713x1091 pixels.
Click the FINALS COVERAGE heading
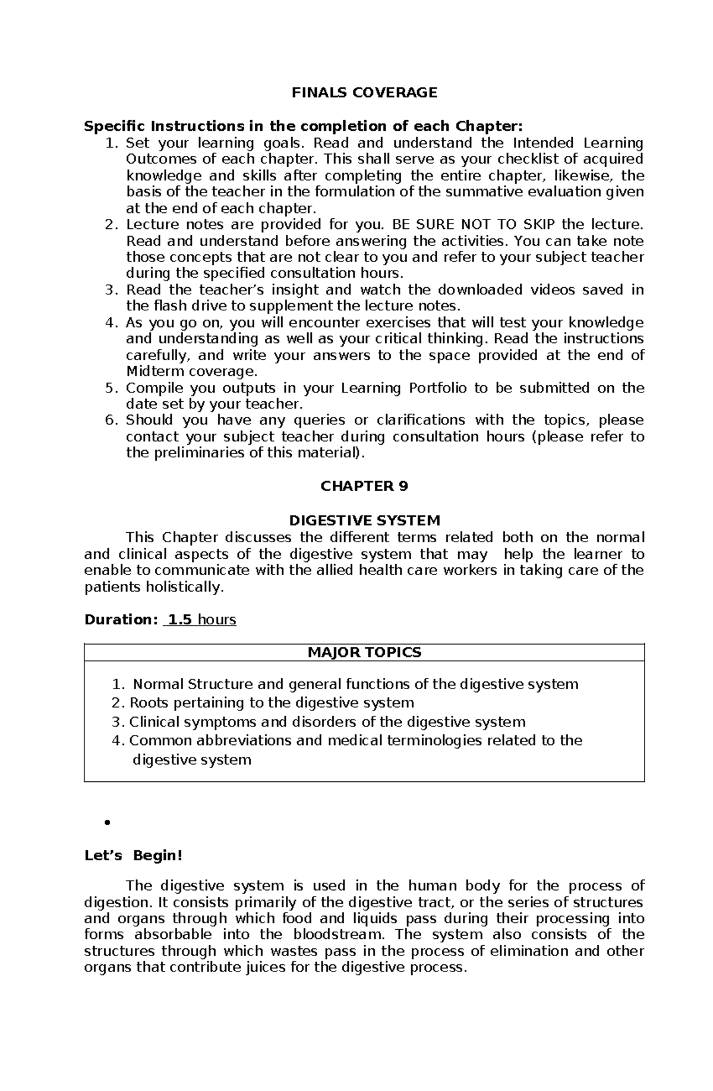364,92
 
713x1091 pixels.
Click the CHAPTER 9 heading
364,486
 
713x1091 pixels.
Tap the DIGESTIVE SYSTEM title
364,521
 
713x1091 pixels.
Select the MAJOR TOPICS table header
364,652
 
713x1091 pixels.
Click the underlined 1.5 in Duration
179,620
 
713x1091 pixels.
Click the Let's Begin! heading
134,856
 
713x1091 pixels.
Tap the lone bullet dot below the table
108,823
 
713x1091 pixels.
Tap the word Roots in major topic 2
146,703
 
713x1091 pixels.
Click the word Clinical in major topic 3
153,722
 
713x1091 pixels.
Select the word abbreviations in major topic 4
244,740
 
